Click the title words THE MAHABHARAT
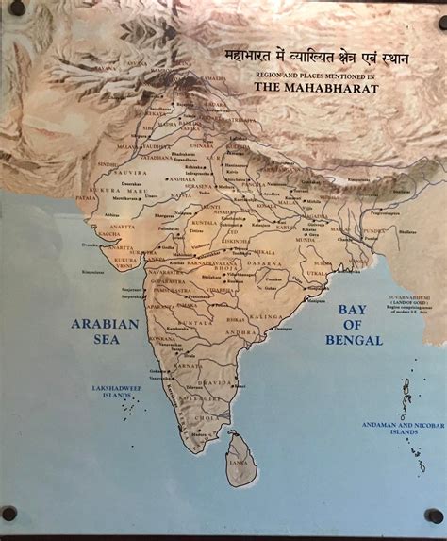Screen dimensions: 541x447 (316, 88)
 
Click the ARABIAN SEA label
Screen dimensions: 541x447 (106, 331)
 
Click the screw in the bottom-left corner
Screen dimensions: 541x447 (9, 514)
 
